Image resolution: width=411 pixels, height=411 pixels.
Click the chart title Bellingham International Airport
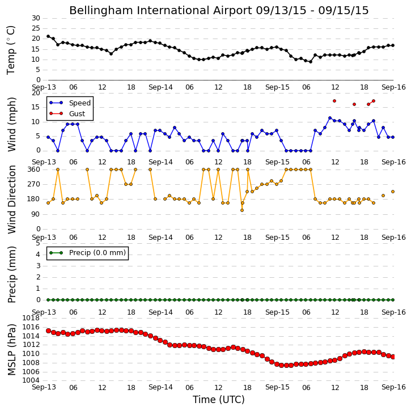coord(160,11)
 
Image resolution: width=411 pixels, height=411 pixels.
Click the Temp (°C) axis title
coord(11,50)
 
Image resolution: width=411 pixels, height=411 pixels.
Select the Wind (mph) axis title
coord(12,125)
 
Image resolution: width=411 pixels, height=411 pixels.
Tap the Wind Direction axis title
coord(12,200)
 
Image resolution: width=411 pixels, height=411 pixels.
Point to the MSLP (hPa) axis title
coord(12,349)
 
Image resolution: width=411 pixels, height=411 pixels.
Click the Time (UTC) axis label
coord(219,400)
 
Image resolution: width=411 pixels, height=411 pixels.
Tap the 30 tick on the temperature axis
coord(36,18)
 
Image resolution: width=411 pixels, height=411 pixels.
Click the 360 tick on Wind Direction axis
coord(34,170)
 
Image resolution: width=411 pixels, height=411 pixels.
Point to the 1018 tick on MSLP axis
coord(31,318)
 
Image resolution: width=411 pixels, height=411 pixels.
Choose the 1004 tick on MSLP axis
coord(31,380)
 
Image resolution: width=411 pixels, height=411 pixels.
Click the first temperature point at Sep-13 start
coord(48,36)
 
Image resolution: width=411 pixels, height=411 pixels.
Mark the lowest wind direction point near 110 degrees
coord(242,210)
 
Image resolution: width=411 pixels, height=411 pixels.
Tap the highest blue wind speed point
coord(330,118)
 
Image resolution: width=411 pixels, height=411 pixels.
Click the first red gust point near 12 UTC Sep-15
coord(334,101)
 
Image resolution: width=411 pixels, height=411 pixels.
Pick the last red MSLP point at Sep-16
coord(393,357)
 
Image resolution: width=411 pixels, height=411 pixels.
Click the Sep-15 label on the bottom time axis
coord(277,387)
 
